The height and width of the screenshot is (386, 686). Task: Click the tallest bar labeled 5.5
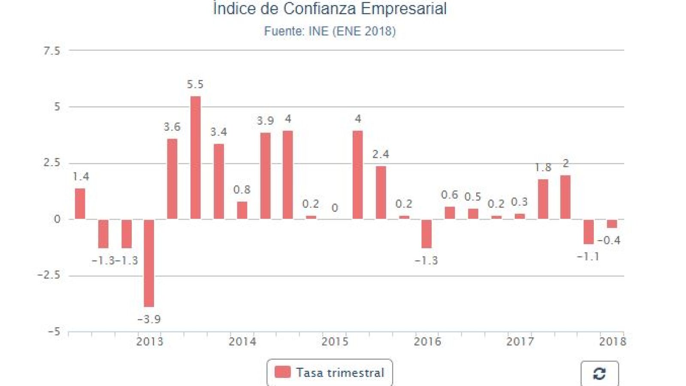195,157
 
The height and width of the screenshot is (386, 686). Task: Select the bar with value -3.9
149,262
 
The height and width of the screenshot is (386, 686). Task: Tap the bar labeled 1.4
80,204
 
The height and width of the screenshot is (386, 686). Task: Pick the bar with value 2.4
381,192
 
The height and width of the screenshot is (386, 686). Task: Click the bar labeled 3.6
172,179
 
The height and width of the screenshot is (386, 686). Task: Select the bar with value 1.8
543,199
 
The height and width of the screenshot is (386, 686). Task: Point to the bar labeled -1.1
588,232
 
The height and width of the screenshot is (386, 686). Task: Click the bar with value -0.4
612,223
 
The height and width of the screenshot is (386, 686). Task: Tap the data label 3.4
218,132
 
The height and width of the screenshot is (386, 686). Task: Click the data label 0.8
242,190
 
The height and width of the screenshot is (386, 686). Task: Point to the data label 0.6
449,195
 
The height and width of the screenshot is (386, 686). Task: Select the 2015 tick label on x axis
335,341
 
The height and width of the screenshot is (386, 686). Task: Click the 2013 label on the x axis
149,341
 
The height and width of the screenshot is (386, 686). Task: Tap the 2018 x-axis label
612,341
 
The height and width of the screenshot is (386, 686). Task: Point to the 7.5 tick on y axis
51,51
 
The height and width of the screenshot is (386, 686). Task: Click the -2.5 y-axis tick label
48,275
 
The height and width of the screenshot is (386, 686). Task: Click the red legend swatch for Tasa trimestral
282,372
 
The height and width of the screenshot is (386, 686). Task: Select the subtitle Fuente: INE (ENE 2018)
329,31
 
